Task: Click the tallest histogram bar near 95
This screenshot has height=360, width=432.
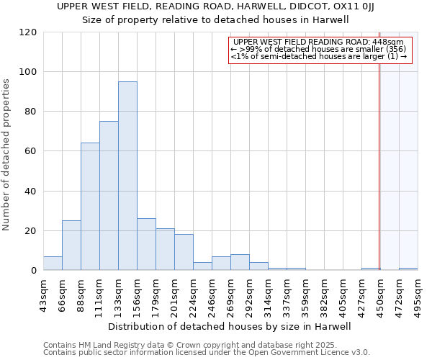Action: coord(127,176)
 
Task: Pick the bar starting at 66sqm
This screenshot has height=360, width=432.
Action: coord(71,246)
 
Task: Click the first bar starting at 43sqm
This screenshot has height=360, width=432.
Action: coord(53,264)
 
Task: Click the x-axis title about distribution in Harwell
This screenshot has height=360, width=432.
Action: coord(230,326)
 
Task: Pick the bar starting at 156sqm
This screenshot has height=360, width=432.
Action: coord(146,245)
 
